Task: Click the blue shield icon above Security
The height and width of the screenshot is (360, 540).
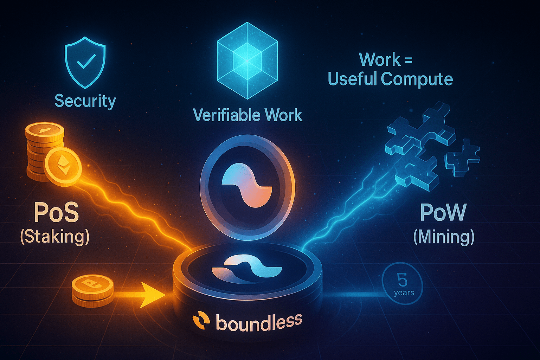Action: click(x=85, y=63)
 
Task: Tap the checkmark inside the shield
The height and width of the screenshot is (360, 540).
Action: click(x=86, y=61)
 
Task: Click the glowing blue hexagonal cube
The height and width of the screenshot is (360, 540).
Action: click(x=247, y=60)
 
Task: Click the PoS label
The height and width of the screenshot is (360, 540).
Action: click(x=56, y=213)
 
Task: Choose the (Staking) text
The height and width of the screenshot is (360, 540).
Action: click(x=55, y=237)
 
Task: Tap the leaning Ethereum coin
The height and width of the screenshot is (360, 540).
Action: click(x=63, y=167)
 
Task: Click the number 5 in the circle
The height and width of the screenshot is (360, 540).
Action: click(x=402, y=280)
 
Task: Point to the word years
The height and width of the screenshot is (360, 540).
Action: click(x=404, y=293)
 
